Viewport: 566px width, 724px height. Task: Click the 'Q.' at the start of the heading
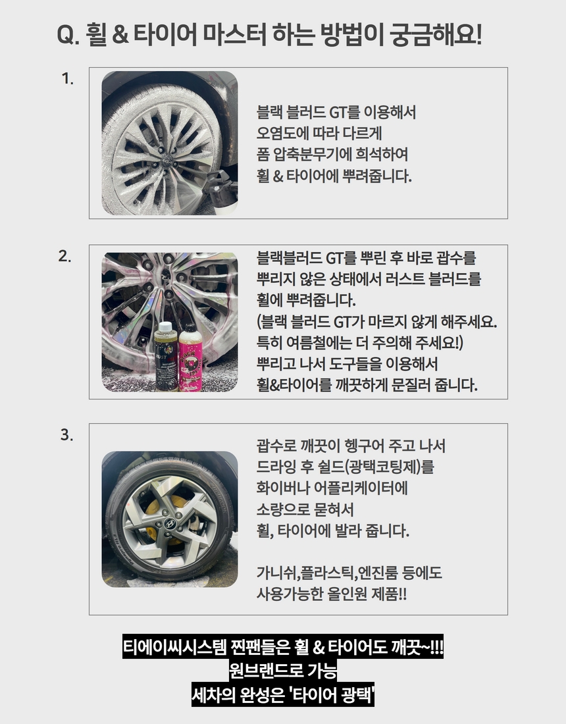pos(68,35)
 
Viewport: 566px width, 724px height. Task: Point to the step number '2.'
pos(64,256)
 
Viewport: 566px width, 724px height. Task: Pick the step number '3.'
pos(66,434)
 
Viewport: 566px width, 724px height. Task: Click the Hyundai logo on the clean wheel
pos(170,523)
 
